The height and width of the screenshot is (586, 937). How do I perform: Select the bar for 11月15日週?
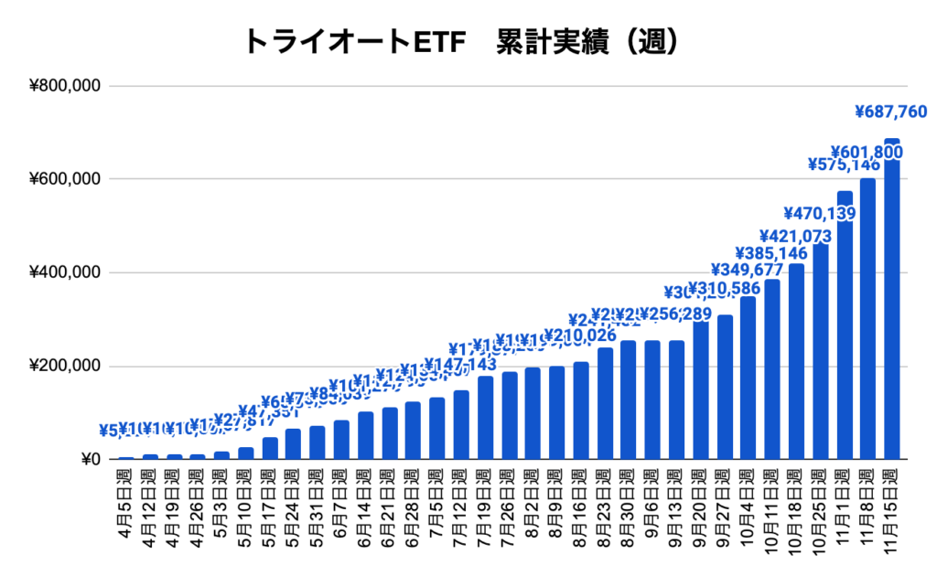pos(892,302)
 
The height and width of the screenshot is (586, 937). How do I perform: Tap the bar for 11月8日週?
pos(868,320)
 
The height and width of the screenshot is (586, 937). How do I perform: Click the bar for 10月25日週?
pos(821,352)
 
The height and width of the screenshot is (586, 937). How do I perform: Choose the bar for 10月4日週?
pos(749,378)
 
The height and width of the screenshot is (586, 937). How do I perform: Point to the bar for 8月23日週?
pos(605,404)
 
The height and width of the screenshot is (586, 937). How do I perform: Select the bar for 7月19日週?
pos(486,419)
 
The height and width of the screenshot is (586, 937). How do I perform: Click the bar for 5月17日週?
pos(270,449)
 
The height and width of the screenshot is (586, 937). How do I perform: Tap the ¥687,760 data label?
pos(892,112)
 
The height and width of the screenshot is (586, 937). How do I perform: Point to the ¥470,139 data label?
pos(820,214)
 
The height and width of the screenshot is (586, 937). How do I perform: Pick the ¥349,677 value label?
pos(749,271)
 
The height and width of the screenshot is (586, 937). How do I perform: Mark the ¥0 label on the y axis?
pos(87,460)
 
